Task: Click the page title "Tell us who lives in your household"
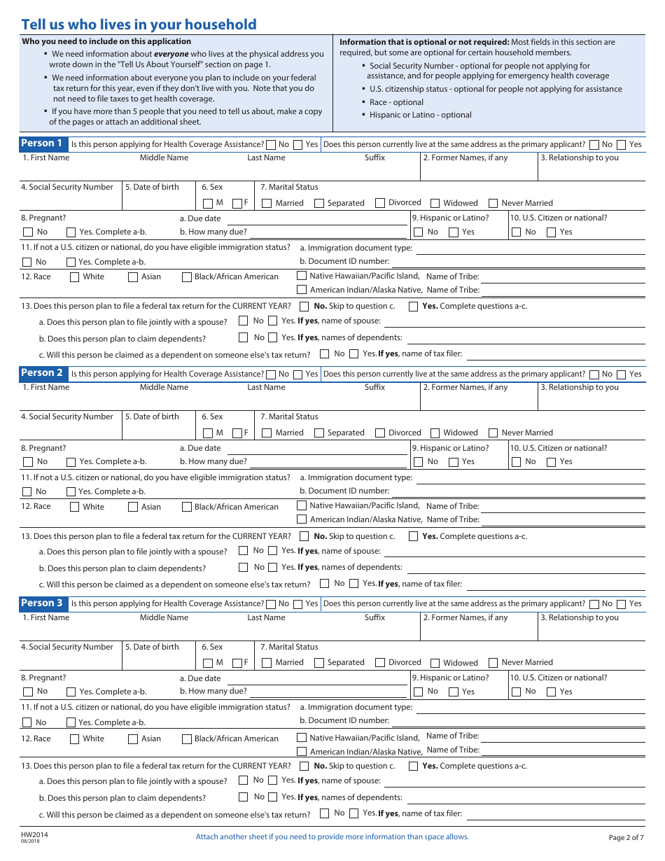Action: tap(139, 24)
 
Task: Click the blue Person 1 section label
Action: tap(41, 143)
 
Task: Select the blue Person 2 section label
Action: tap(41, 373)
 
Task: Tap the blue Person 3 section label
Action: tap(41, 603)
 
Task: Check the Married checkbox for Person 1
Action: tap(267, 203)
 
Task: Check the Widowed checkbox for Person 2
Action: tap(435, 433)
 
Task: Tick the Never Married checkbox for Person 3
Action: tap(493, 662)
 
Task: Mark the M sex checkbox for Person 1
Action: tap(208, 203)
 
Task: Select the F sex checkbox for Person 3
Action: tap(237, 662)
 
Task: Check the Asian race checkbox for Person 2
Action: tap(133, 507)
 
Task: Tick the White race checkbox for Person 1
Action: tap(74, 276)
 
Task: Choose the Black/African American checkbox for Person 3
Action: tap(187, 738)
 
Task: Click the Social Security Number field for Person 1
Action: tap(70, 201)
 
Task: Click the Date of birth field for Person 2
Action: tap(160, 430)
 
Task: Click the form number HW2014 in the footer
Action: tap(34, 834)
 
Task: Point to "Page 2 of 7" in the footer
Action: tap(626, 837)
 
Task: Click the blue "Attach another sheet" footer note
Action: tap(332, 836)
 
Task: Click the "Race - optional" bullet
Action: tap(396, 102)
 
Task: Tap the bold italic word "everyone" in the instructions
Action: tap(171, 54)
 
